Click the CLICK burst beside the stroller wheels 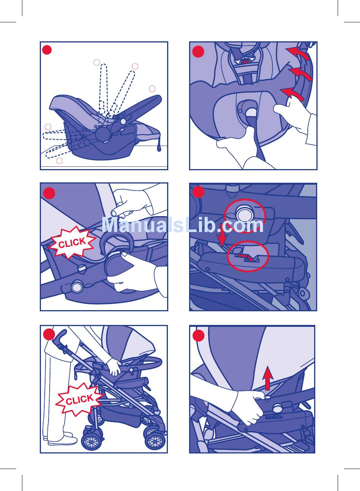tap(79, 400)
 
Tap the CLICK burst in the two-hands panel tap(72, 243)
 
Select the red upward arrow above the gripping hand tap(268, 378)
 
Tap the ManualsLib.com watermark tap(183, 224)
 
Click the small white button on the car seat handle tap(123, 121)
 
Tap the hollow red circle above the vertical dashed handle tap(97, 63)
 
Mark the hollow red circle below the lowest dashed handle tap(59, 161)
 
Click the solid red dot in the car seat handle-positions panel tap(47, 50)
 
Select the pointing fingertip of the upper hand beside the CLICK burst tap(114, 213)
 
